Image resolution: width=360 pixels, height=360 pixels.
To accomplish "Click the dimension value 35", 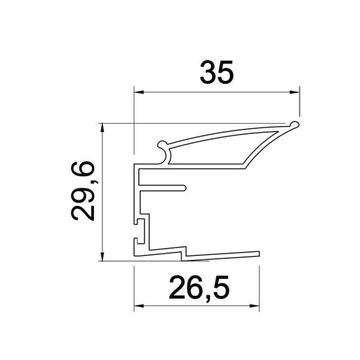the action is (217, 72).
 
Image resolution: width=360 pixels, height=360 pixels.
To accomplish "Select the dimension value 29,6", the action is (82, 191).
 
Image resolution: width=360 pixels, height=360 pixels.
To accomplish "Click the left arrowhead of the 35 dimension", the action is (139, 92).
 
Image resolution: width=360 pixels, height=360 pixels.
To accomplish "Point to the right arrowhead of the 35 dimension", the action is (295, 92).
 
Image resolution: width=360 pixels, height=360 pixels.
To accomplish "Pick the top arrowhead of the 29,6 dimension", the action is (102, 128).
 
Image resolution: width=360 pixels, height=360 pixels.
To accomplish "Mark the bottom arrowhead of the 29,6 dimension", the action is (102, 256).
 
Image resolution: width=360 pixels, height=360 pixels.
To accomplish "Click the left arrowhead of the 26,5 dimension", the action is (139, 306).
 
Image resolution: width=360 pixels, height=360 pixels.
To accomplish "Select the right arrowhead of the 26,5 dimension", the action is (255, 306).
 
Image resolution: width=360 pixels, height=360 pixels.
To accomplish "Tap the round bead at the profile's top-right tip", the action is (295, 125).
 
